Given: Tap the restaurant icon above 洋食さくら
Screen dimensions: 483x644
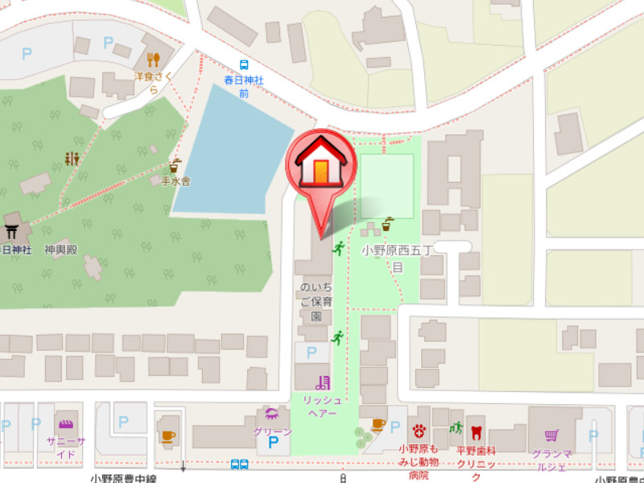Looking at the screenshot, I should (153, 59).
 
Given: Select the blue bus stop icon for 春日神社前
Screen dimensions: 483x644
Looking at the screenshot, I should (243, 65).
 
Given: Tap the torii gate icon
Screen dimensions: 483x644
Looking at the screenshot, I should (11, 233).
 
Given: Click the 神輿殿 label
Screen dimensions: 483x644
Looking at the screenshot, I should (60, 250).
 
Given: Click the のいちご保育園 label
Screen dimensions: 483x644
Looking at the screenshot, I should (315, 302).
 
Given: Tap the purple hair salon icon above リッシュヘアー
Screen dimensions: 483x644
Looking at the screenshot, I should (323, 382).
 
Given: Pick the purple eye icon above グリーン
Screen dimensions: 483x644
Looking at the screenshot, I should (272, 415).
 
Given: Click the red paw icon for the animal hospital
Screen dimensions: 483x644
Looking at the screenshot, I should (419, 430).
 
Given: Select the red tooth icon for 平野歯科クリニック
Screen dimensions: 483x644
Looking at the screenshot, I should (476, 431).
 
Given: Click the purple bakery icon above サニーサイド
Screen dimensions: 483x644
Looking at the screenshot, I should (64, 424).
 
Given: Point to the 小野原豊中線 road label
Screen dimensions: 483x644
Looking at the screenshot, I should (123, 478).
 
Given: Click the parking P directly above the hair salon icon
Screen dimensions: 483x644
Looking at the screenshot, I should (312, 353).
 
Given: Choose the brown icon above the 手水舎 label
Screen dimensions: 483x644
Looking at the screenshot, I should (175, 165).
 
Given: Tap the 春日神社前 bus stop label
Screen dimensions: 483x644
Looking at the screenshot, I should (243, 87).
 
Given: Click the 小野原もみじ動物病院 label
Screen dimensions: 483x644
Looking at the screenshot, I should (419, 462).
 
